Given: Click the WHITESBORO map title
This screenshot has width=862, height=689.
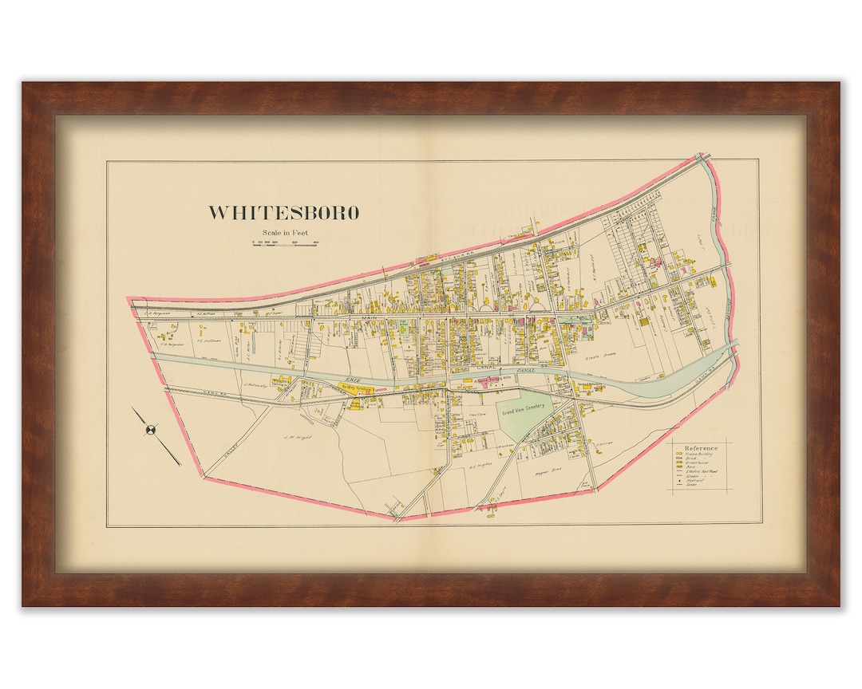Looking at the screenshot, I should click(x=283, y=213).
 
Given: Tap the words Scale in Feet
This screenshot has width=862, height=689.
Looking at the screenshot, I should click(x=283, y=232).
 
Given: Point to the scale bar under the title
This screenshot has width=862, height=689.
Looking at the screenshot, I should click(x=286, y=244).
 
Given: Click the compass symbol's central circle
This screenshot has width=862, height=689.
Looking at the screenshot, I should click(x=150, y=430).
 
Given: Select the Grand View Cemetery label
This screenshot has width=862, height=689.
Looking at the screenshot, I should click(x=523, y=406).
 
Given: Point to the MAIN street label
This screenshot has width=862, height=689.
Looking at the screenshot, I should click(x=369, y=318).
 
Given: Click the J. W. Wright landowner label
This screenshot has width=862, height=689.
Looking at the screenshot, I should click(x=298, y=437).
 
